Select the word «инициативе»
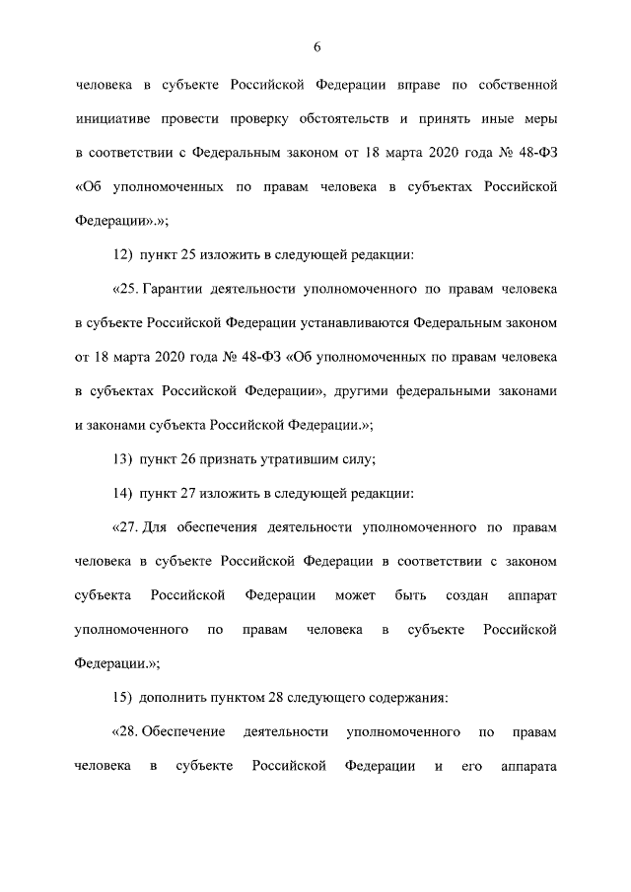[113, 119]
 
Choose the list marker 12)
[123, 255]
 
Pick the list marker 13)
[123, 456]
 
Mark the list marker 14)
[123, 493]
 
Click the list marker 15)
[123, 698]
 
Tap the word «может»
[355, 595]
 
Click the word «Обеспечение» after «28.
[180, 733]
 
